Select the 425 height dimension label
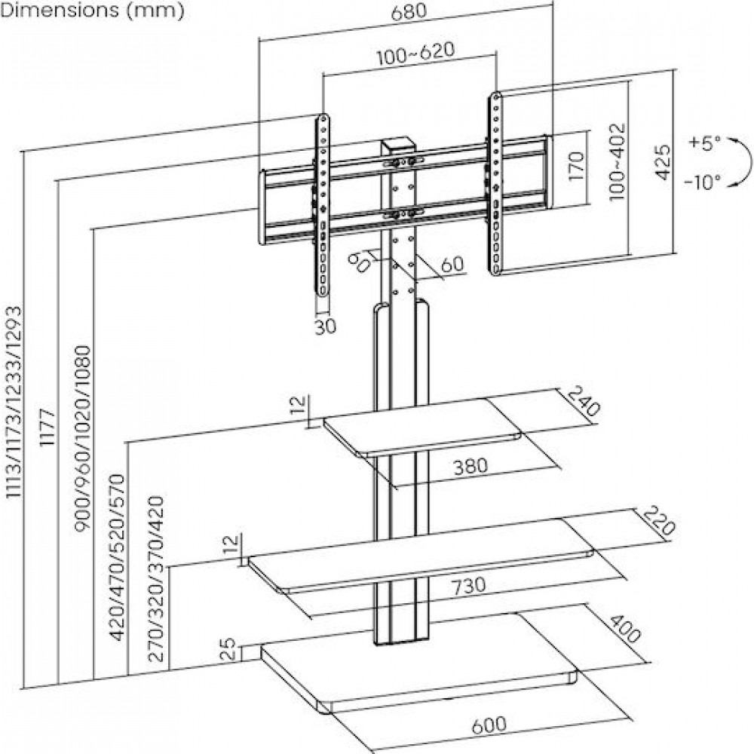click(x=662, y=163)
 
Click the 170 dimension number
click(x=577, y=167)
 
